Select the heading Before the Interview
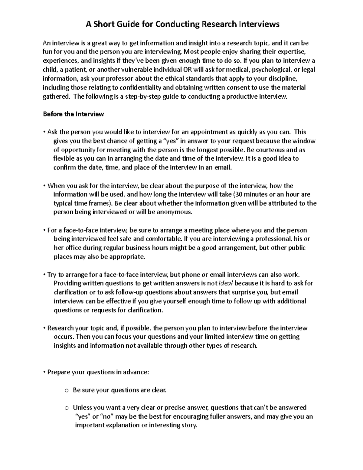(73, 114)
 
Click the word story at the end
(189, 425)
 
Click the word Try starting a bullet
(52, 275)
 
